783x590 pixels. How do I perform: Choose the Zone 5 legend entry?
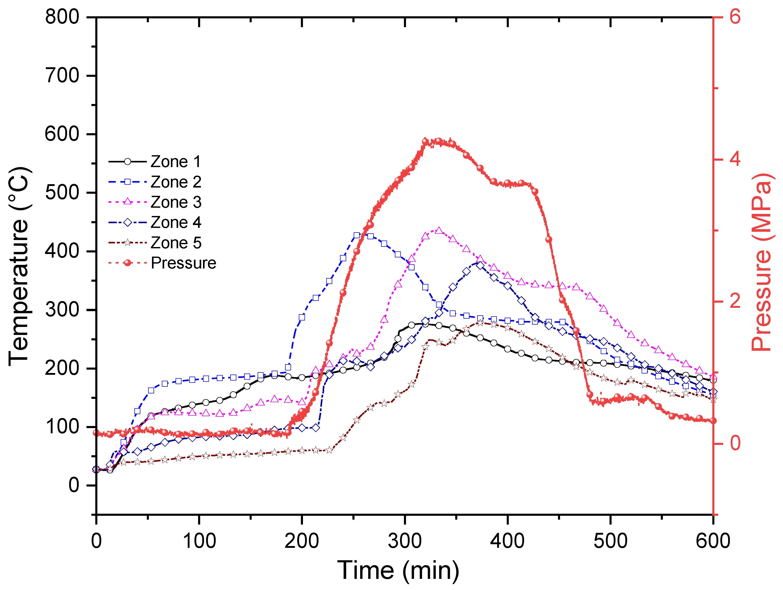(x=176, y=243)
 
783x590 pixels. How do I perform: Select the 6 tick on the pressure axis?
(x=735, y=17)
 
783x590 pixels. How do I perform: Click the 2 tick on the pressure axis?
(x=735, y=301)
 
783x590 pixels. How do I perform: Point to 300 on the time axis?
(x=405, y=541)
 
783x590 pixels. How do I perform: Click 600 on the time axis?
(x=713, y=541)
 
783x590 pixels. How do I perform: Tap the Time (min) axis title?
(x=398, y=570)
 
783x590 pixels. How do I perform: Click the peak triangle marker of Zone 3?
(x=439, y=230)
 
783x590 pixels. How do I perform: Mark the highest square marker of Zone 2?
(x=357, y=235)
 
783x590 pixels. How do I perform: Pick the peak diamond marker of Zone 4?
(x=480, y=265)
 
